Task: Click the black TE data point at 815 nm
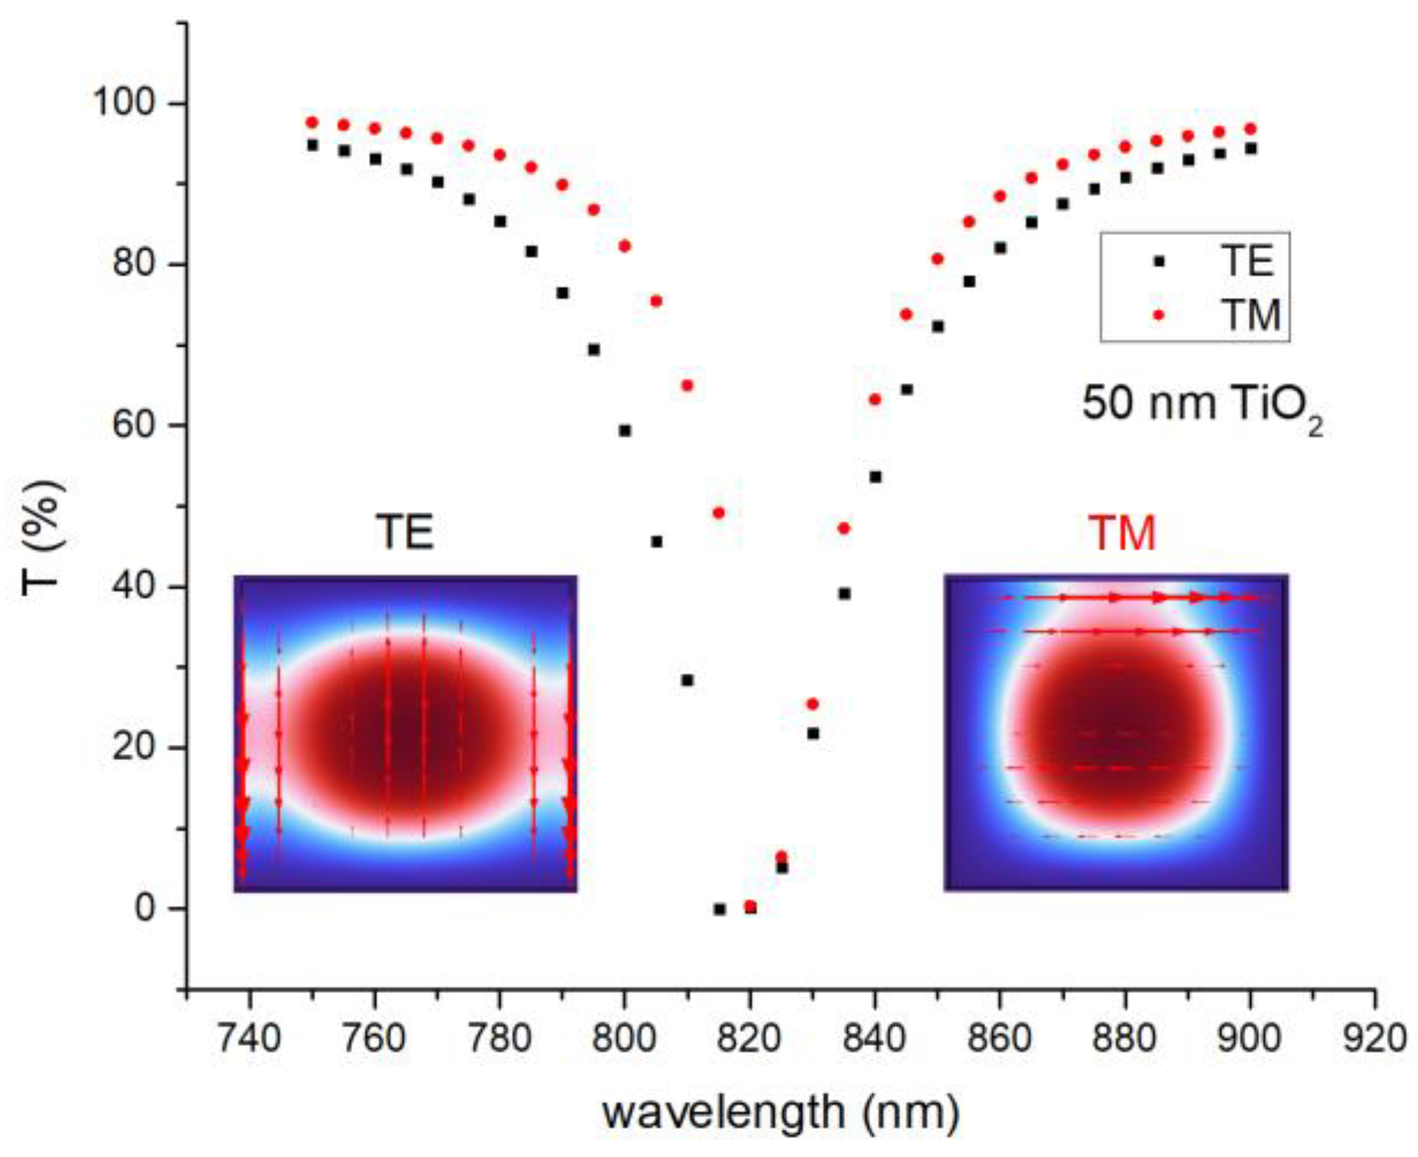tap(719, 909)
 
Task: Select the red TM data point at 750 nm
tap(312, 123)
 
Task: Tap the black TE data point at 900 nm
tap(1250, 149)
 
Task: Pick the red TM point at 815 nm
tap(719, 513)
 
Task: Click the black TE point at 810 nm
tap(687, 680)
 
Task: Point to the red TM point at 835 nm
tap(843, 528)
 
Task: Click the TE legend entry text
tap(1246, 261)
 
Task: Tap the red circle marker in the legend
tap(1158, 315)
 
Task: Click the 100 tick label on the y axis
tap(123, 102)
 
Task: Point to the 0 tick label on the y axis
tap(145, 908)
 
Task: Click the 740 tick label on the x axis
tap(249, 1039)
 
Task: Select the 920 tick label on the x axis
tap(1374, 1039)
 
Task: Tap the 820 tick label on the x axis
tap(749, 1039)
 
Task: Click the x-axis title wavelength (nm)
tap(780, 1113)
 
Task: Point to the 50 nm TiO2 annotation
tap(1201, 405)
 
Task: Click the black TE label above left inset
tap(404, 532)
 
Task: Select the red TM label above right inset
tap(1122, 533)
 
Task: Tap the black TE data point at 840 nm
tap(875, 477)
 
